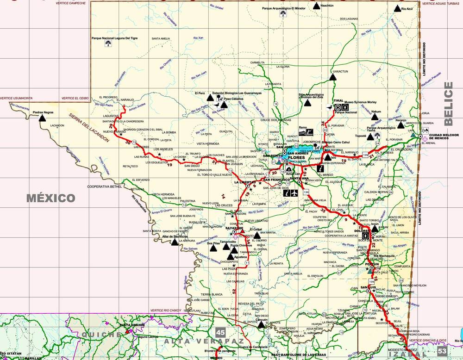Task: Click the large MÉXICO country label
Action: click(x=50, y=199)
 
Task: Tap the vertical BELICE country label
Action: click(x=448, y=104)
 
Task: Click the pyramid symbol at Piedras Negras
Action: click(x=43, y=118)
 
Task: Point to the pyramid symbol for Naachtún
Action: click(x=316, y=6)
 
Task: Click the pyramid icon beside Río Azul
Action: click(x=397, y=8)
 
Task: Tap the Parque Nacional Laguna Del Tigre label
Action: click(x=114, y=38)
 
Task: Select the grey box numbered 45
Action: click(x=220, y=332)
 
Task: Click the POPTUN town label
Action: click(x=372, y=264)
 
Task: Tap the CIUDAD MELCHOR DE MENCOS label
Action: click(x=444, y=137)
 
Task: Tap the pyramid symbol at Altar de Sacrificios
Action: click(x=174, y=242)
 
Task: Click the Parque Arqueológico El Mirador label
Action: click(x=283, y=8)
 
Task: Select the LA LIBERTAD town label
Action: click(x=245, y=182)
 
